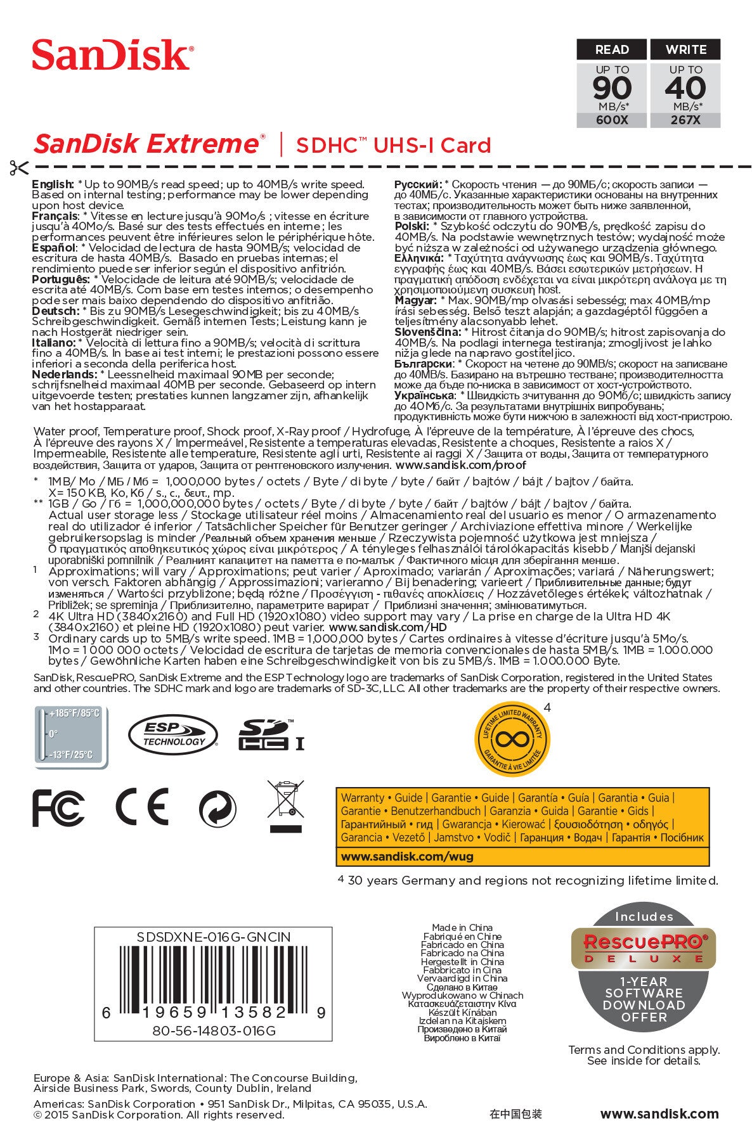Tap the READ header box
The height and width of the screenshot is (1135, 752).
point(611,49)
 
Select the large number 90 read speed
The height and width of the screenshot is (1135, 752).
point(612,88)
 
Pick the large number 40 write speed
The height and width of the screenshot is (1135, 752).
point(685,88)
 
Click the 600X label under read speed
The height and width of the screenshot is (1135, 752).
point(611,120)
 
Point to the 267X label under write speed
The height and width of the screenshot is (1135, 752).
point(685,120)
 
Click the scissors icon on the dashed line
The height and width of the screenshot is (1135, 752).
point(19,168)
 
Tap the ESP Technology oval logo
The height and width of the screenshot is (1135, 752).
point(173,736)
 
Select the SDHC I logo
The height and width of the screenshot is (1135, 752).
point(271,736)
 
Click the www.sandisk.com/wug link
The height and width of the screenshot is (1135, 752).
point(407,856)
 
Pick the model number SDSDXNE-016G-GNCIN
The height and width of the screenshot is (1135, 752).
point(213,937)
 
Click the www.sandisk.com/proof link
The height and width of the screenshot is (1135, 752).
point(460,465)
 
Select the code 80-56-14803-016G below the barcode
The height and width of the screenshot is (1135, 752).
point(214,1030)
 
